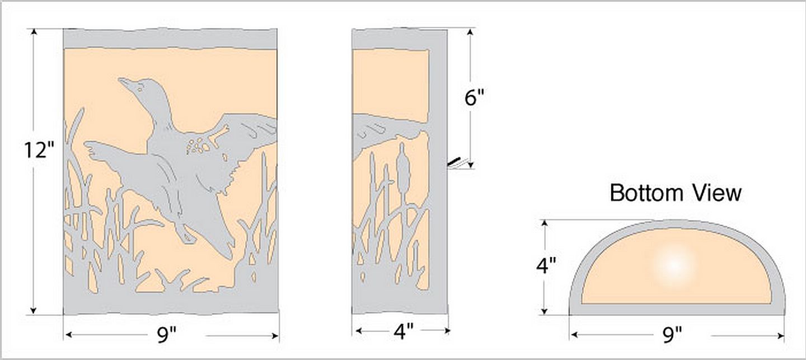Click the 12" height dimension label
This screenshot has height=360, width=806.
(x=39, y=149)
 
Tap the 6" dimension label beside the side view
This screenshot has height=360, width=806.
(x=474, y=97)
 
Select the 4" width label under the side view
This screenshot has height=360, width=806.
(x=404, y=331)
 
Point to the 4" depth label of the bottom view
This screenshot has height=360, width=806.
(x=546, y=266)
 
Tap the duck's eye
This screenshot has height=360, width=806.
(x=140, y=86)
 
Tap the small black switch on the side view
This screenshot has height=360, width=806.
(x=454, y=162)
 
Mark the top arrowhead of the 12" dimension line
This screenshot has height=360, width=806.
(x=34, y=32)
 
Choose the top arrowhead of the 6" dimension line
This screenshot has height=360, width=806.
(x=470, y=32)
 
